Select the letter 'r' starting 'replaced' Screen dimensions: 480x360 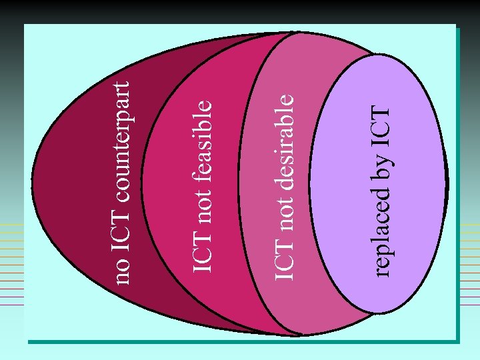click(382, 273)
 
